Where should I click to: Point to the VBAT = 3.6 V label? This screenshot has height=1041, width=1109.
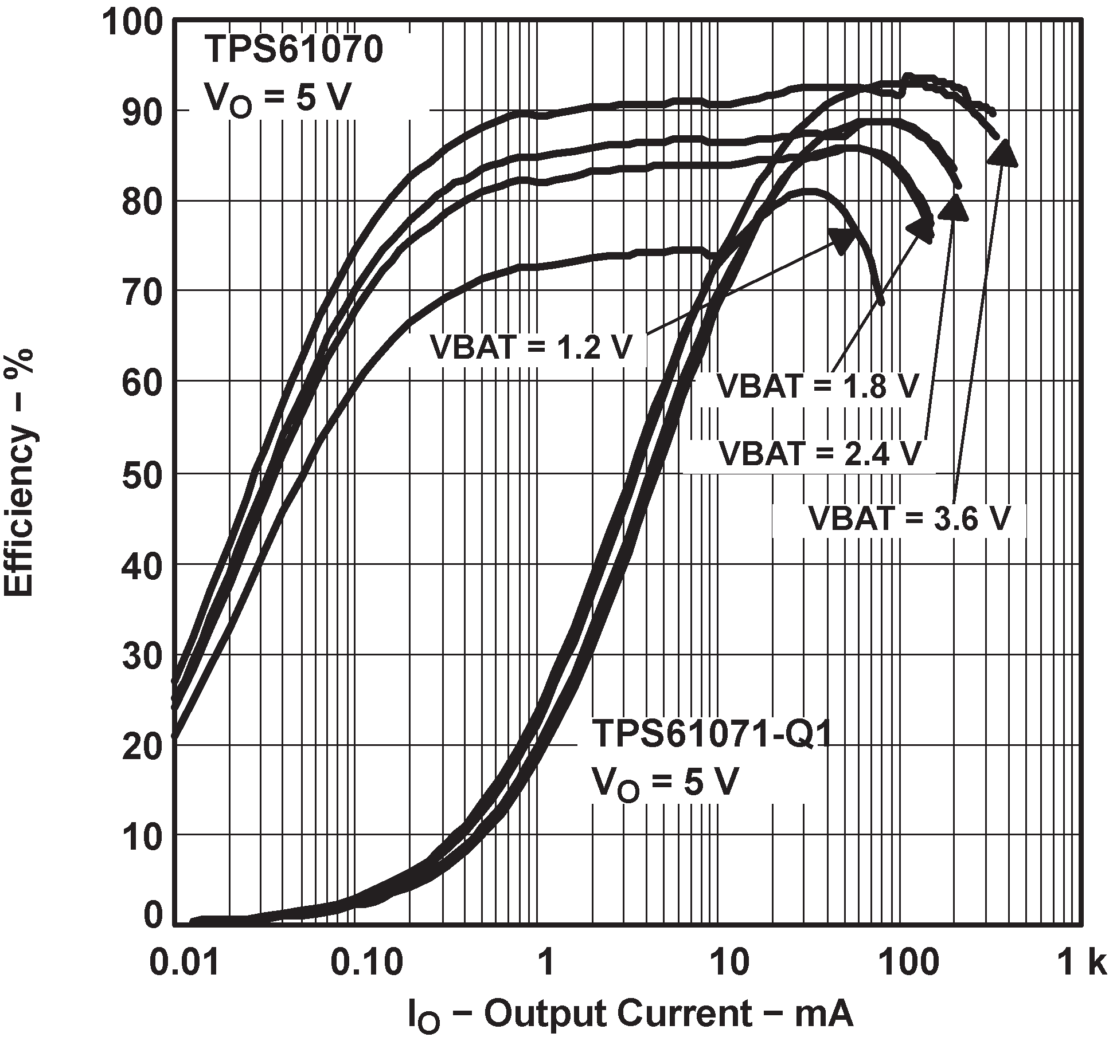(909, 519)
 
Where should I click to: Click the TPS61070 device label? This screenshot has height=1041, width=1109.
(294, 49)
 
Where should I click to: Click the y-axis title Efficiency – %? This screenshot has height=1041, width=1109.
(18, 472)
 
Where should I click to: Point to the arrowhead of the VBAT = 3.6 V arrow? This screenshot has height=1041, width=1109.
(1002, 154)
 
